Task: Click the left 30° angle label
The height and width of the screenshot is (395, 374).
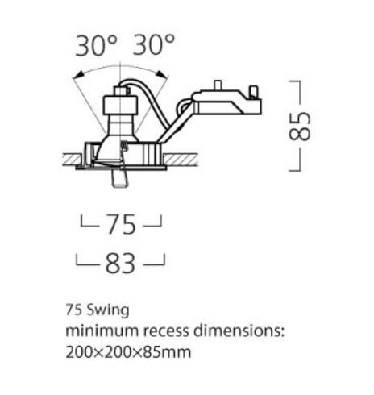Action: tap(97, 45)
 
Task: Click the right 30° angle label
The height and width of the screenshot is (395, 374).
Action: tap(154, 44)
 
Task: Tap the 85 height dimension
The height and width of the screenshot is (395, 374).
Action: tap(300, 126)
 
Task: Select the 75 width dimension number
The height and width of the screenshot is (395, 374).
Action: tap(121, 224)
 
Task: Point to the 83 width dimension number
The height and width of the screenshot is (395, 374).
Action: tap(120, 264)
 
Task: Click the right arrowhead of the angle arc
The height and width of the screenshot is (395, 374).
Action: tap(163, 74)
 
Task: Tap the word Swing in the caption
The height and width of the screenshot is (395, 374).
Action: tap(108, 311)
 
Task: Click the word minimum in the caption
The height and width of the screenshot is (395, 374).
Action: tap(102, 331)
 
